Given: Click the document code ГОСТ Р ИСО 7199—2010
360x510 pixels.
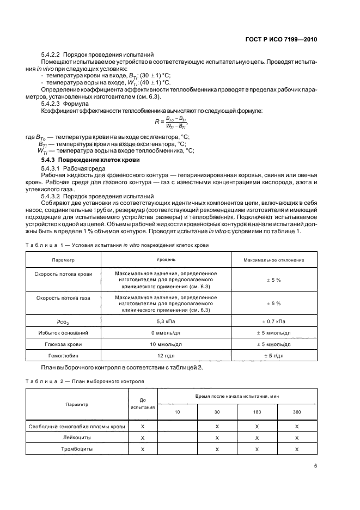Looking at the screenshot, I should pyautogui.click(x=283, y=40).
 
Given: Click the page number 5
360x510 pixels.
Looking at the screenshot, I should pyautogui.click(x=315, y=466).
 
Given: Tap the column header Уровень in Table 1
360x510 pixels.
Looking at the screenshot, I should pyautogui.click(x=166, y=260).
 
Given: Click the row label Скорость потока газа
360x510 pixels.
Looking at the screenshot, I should pyautogui.click(x=63, y=299).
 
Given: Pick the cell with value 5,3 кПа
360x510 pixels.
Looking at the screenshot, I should pyautogui.click(x=166, y=322).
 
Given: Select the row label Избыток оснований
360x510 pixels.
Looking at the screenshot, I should pyautogui.click(x=63, y=332).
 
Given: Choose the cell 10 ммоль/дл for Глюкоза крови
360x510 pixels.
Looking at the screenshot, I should pyautogui.click(x=166, y=344).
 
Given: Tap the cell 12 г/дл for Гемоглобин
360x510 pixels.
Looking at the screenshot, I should pyautogui.click(x=166, y=355).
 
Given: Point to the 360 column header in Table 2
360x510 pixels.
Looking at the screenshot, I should pyautogui.click(x=297, y=411).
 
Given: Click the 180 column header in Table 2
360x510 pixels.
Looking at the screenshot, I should pyautogui.click(x=257, y=411).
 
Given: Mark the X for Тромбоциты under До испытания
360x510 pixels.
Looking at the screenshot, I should pyautogui.click(x=143, y=449).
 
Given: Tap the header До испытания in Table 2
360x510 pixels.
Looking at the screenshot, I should pyautogui.click(x=143, y=403).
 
